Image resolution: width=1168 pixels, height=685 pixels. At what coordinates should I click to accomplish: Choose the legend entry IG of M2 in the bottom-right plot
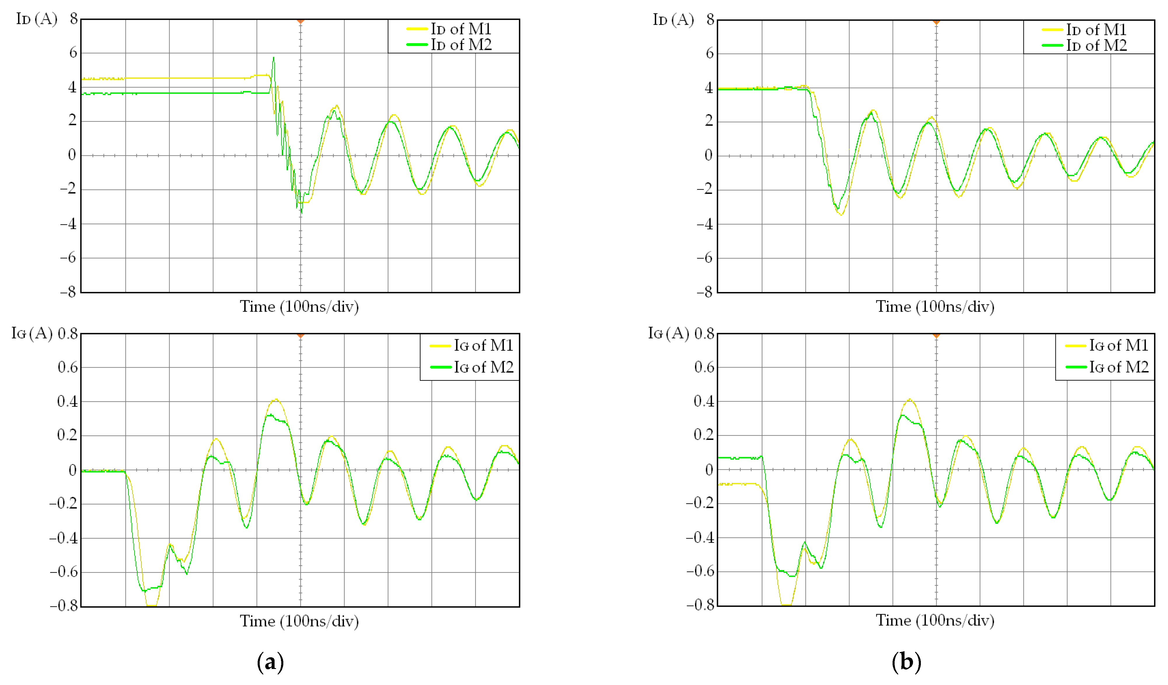point(1118,367)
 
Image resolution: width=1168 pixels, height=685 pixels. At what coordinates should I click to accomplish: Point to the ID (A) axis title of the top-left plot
point(36,19)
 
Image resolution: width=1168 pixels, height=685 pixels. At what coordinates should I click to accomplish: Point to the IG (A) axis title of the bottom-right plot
point(668,333)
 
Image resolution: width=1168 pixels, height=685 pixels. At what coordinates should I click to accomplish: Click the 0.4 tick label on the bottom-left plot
point(68,401)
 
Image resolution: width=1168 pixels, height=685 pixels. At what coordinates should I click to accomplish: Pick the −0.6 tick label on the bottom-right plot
point(700,572)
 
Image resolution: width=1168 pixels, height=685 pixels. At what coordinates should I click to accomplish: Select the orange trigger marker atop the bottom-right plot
point(936,335)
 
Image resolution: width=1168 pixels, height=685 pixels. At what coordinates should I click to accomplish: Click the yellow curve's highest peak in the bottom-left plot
point(276,399)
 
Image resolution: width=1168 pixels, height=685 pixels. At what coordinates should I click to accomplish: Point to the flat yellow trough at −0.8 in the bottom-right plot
point(786,604)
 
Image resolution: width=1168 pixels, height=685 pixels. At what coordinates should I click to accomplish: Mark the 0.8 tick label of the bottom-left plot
point(68,334)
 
